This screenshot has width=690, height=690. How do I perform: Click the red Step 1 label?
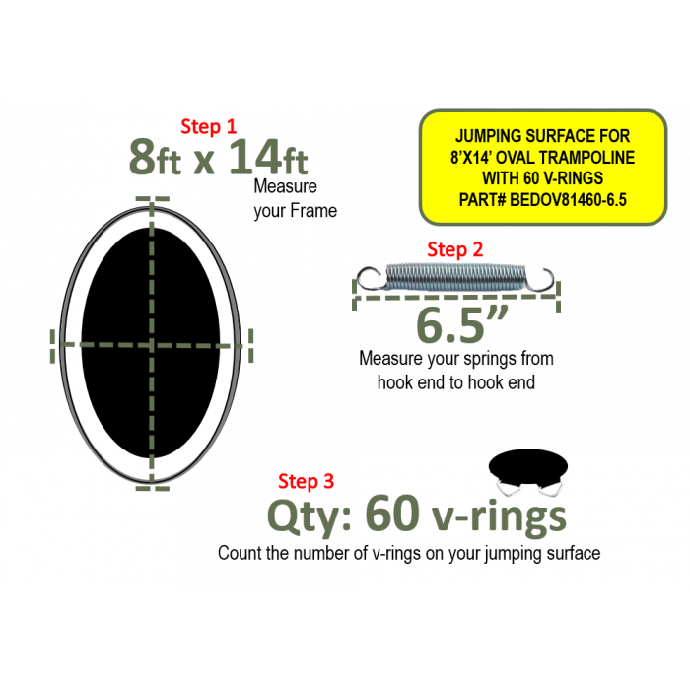(x=209, y=127)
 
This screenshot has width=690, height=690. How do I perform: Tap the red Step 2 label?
(x=455, y=249)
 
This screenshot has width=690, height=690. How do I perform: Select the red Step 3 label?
(x=306, y=481)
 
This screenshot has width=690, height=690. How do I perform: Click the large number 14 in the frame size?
(x=254, y=157)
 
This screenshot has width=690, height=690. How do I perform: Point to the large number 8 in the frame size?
(x=142, y=157)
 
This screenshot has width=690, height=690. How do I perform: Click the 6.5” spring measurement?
(x=461, y=324)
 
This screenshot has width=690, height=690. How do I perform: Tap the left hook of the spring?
(x=369, y=278)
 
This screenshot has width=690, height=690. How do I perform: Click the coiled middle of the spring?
(x=456, y=277)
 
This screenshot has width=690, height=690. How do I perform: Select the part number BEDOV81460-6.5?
(x=568, y=200)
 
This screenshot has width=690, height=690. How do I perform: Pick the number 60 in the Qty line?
(x=391, y=514)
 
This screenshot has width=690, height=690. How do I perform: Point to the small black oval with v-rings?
(x=528, y=466)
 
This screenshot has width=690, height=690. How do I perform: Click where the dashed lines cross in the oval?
(x=152, y=345)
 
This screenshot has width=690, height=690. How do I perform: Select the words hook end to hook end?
(x=456, y=382)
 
